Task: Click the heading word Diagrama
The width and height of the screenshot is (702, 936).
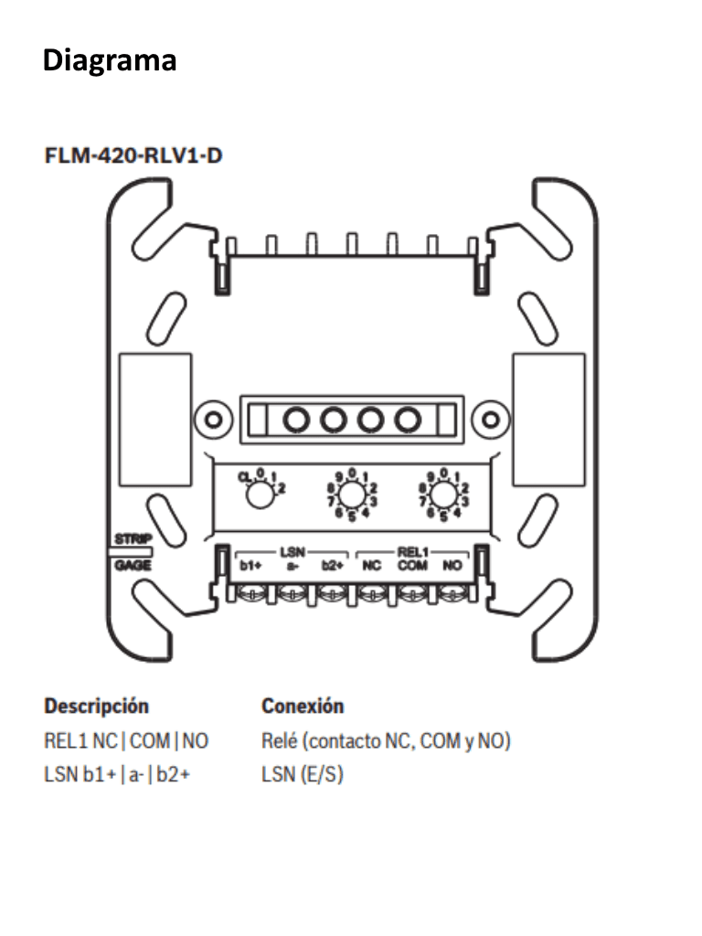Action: [110, 61]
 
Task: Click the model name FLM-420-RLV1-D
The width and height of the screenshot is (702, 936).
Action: [133, 155]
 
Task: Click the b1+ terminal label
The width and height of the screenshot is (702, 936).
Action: [250, 566]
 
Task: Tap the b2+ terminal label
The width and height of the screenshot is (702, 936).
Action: [332, 566]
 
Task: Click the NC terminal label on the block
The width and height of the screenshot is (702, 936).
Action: [372, 566]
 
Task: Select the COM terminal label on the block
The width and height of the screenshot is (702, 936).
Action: [411, 566]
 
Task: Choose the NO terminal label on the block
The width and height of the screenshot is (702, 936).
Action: [451, 566]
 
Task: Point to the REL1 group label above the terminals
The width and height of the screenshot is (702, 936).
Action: [411, 553]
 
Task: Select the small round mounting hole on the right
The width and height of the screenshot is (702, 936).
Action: [490, 420]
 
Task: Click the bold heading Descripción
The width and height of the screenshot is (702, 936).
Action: [97, 707]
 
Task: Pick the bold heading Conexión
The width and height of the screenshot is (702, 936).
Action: [303, 707]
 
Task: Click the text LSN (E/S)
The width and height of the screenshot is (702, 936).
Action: [303, 776]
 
